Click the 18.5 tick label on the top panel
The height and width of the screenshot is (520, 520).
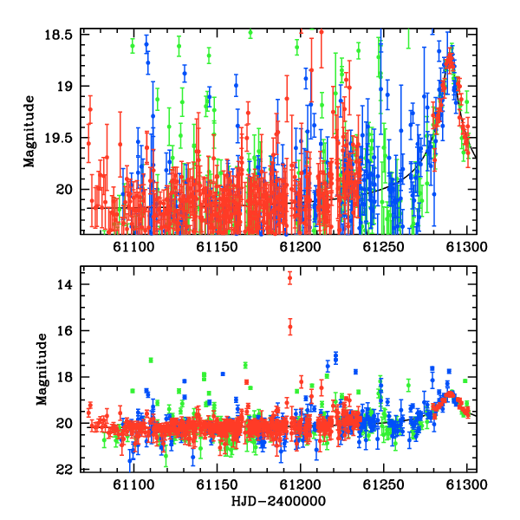click(x=58, y=35)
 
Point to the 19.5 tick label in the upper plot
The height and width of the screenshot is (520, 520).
click(x=58, y=138)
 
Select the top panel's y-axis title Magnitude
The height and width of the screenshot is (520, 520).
click(x=29, y=132)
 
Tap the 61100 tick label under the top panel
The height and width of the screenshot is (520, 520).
click(x=133, y=247)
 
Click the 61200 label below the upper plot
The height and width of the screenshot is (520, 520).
click(x=301, y=247)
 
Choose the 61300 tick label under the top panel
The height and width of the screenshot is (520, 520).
click(x=467, y=247)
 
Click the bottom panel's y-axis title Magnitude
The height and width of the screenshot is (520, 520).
click(x=42, y=369)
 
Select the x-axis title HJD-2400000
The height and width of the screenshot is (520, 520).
click(x=278, y=501)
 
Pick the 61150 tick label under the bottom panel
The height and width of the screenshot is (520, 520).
click(x=217, y=484)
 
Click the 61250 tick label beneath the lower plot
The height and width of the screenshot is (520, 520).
click(x=384, y=484)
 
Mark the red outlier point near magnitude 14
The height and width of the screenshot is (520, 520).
click(x=289, y=278)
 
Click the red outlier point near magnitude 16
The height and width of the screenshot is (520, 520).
click(x=290, y=327)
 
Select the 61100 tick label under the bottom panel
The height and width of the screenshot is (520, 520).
click(x=133, y=484)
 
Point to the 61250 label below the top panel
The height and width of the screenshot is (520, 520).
click(x=384, y=247)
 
